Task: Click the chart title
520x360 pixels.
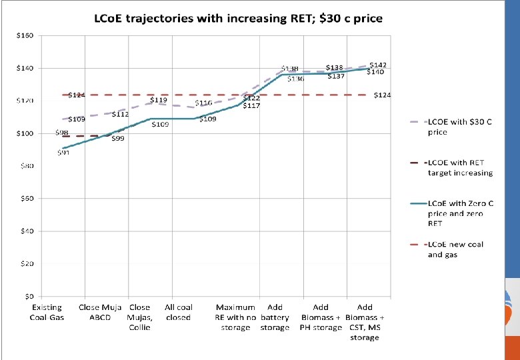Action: pyautogui.click(x=236, y=19)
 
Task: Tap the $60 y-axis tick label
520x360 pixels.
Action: pyautogui.click(x=25, y=198)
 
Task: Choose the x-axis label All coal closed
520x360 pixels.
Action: pyautogui.click(x=178, y=312)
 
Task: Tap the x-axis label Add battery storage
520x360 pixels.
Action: pyautogui.click(x=274, y=317)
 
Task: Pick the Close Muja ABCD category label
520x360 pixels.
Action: pyautogui.click(x=99, y=312)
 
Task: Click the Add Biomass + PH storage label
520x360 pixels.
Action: pyautogui.click(x=320, y=317)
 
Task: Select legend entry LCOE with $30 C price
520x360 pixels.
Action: pyautogui.click(x=459, y=127)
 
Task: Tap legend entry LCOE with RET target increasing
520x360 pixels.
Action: pyautogui.click(x=460, y=167)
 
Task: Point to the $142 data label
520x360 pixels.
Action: pyautogui.click(x=377, y=65)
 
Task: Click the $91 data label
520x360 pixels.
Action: pyautogui.click(x=63, y=153)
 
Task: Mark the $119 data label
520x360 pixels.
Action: pyautogui.click(x=158, y=100)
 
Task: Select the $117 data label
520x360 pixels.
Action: pyautogui.click(x=251, y=106)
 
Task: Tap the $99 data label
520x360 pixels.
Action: pyautogui.click(x=117, y=138)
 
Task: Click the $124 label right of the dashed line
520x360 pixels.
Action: pyautogui.click(x=382, y=95)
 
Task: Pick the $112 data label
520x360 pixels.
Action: pyautogui.click(x=119, y=114)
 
